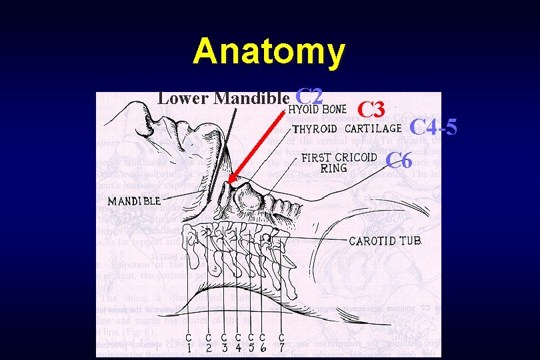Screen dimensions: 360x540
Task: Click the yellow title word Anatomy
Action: (269, 51)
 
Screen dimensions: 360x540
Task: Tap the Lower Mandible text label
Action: (223, 99)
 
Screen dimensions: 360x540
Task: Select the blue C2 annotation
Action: (311, 97)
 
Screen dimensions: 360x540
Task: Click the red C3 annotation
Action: (373, 109)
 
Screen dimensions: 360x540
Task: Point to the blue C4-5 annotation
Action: (433, 126)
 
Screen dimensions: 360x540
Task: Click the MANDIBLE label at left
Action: (134, 201)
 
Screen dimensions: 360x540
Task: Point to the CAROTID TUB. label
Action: (386, 241)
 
